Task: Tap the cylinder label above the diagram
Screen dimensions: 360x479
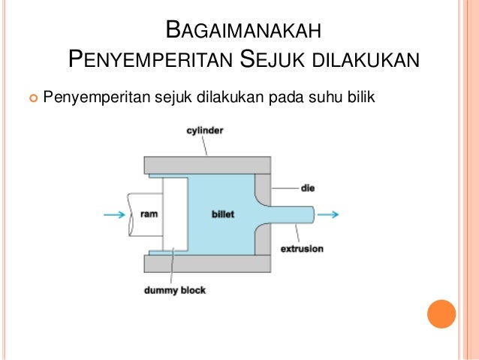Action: (x=205, y=131)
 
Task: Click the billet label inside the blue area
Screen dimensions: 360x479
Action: (x=223, y=214)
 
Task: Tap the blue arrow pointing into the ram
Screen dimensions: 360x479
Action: (x=113, y=214)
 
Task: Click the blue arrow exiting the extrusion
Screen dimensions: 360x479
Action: (x=328, y=214)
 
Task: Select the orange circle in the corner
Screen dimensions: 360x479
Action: (x=441, y=314)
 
